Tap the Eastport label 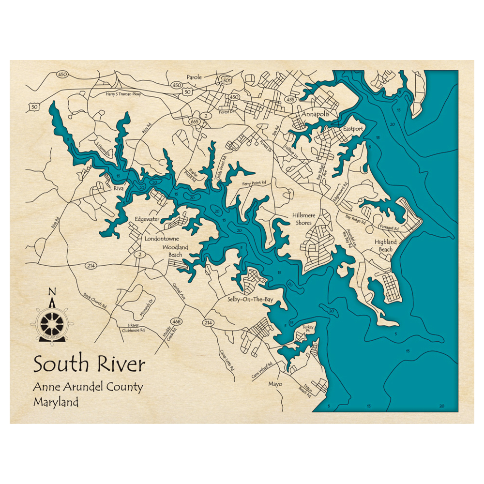pos(353,129)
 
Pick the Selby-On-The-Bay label pos(250,300)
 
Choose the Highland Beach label pos(386,245)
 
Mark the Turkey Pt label pos(308,329)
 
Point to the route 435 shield pos(290,100)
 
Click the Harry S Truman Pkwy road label pos(123,94)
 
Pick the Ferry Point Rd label pos(254,183)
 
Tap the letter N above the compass pos(52,291)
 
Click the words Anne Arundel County pos(88,387)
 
